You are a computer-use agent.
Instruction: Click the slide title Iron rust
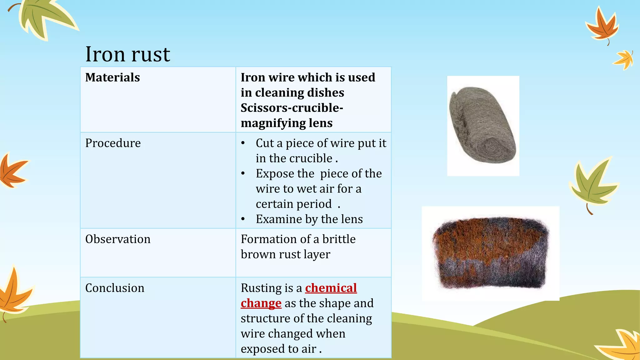click(127, 54)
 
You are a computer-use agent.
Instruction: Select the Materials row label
click(112, 77)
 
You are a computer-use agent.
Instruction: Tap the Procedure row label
click(113, 143)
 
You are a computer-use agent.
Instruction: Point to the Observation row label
click(118, 239)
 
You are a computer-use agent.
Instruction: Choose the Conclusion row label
click(115, 288)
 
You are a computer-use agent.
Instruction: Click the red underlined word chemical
click(331, 288)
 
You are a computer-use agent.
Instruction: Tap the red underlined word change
click(261, 303)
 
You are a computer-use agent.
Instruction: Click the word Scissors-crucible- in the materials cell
click(292, 108)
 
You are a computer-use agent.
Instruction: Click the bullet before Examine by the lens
click(243, 219)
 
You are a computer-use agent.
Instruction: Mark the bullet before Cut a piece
click(243, 143)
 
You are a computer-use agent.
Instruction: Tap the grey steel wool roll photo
click(483, 126)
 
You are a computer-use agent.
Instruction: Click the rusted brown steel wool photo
click(490, 253)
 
